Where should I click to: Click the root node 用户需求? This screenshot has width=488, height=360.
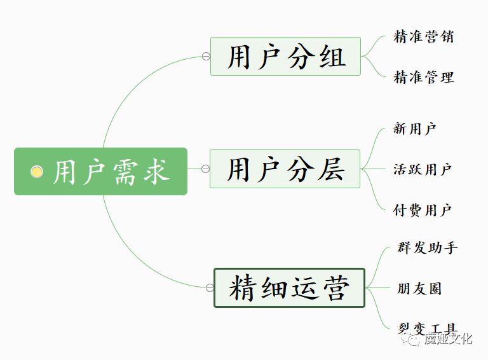100,171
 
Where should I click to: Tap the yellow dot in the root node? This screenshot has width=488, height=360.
37,172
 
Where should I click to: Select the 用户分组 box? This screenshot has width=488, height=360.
285,57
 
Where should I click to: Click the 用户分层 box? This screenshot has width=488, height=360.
285,169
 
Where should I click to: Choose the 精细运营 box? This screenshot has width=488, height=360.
289,287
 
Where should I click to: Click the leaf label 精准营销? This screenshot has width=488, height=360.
424,36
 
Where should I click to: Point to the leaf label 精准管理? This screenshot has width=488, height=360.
424,77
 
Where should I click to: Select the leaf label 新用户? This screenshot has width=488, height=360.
414,128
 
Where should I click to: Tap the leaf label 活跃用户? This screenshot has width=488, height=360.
423,169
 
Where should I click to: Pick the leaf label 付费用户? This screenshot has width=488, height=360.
423,210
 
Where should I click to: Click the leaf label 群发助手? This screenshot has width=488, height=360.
428,248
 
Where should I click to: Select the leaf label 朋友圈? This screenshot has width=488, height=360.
419,288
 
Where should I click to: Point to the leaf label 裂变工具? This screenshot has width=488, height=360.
428,329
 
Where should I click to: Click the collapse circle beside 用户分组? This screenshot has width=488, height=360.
206,56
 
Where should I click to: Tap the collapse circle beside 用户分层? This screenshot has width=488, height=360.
205,169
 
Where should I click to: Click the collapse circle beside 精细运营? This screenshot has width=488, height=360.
210,287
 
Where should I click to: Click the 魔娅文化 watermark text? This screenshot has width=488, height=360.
449,338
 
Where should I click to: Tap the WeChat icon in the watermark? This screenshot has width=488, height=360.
411,339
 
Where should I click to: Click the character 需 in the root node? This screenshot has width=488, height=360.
125,172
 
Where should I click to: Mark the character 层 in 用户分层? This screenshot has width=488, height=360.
331,169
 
